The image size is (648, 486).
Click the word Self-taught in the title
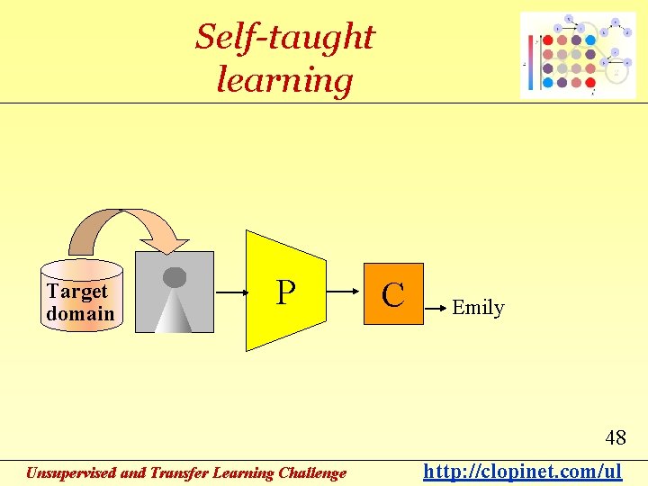tap(284, 38)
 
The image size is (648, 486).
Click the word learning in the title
tap(284, 80)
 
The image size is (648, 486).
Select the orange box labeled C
tap(392, 293)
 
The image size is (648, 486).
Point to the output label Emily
tap(478, 308)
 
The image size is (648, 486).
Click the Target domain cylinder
tap(81, 297)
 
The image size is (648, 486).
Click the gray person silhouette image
tap(175, 292)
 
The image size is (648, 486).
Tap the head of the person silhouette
tap(175, 277)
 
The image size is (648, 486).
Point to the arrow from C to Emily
tap(436, 308)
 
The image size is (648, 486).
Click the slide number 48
tap(616, 438)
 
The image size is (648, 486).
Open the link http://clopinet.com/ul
tap(523, 471)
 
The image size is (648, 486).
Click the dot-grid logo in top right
tap(578, 55)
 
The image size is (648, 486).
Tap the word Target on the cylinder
tap(77, 292)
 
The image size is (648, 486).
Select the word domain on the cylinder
tap(81, 313)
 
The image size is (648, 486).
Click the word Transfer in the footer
tap(179, 472)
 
